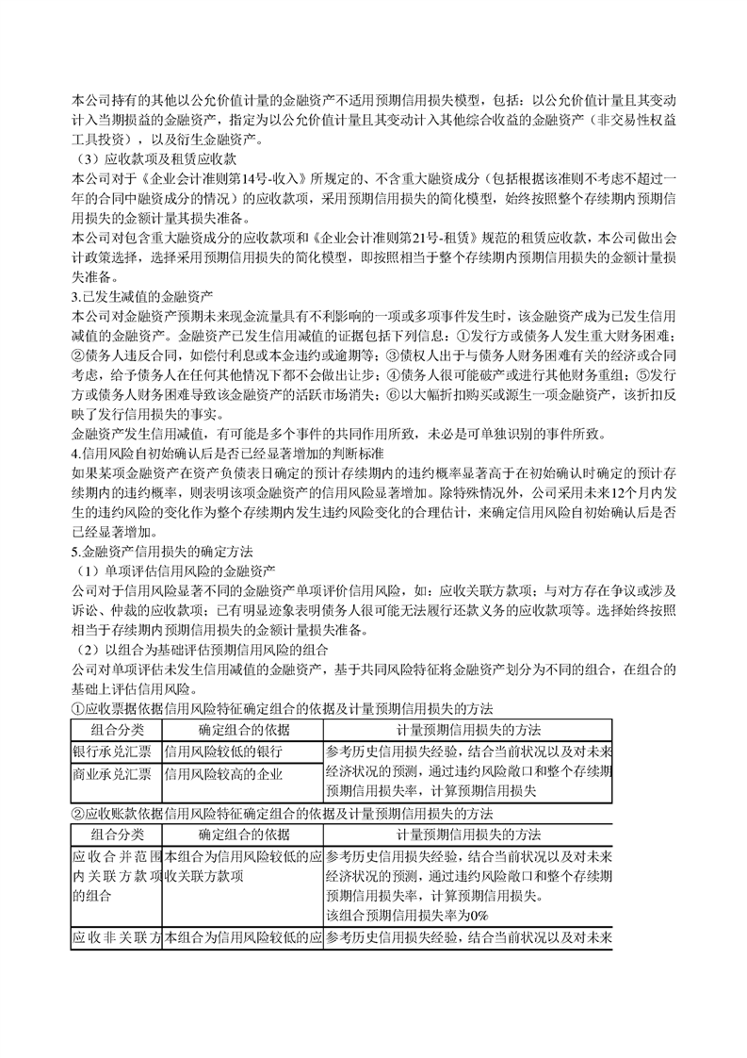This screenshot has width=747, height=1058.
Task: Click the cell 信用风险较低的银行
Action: (x=223, y=752)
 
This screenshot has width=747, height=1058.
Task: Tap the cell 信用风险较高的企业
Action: (x=223, y=773)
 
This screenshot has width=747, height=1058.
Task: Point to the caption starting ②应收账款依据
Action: (x=283, y=813)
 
